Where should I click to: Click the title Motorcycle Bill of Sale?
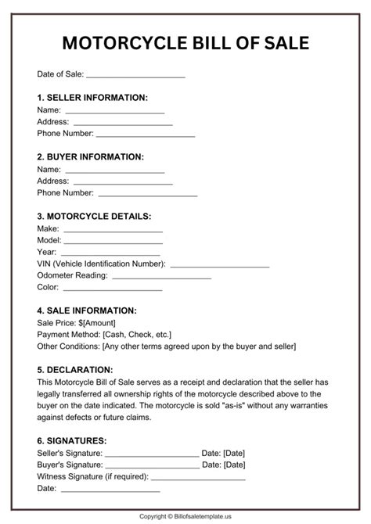185,42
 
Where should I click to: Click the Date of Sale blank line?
135,76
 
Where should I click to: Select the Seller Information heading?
92,98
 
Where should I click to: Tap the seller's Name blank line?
114,112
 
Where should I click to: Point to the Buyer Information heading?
91,156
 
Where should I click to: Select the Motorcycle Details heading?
95,216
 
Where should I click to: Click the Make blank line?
113,230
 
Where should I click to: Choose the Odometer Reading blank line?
162,277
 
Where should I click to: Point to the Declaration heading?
75,369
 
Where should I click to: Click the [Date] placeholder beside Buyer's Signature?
234,465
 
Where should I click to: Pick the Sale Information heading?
87,310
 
